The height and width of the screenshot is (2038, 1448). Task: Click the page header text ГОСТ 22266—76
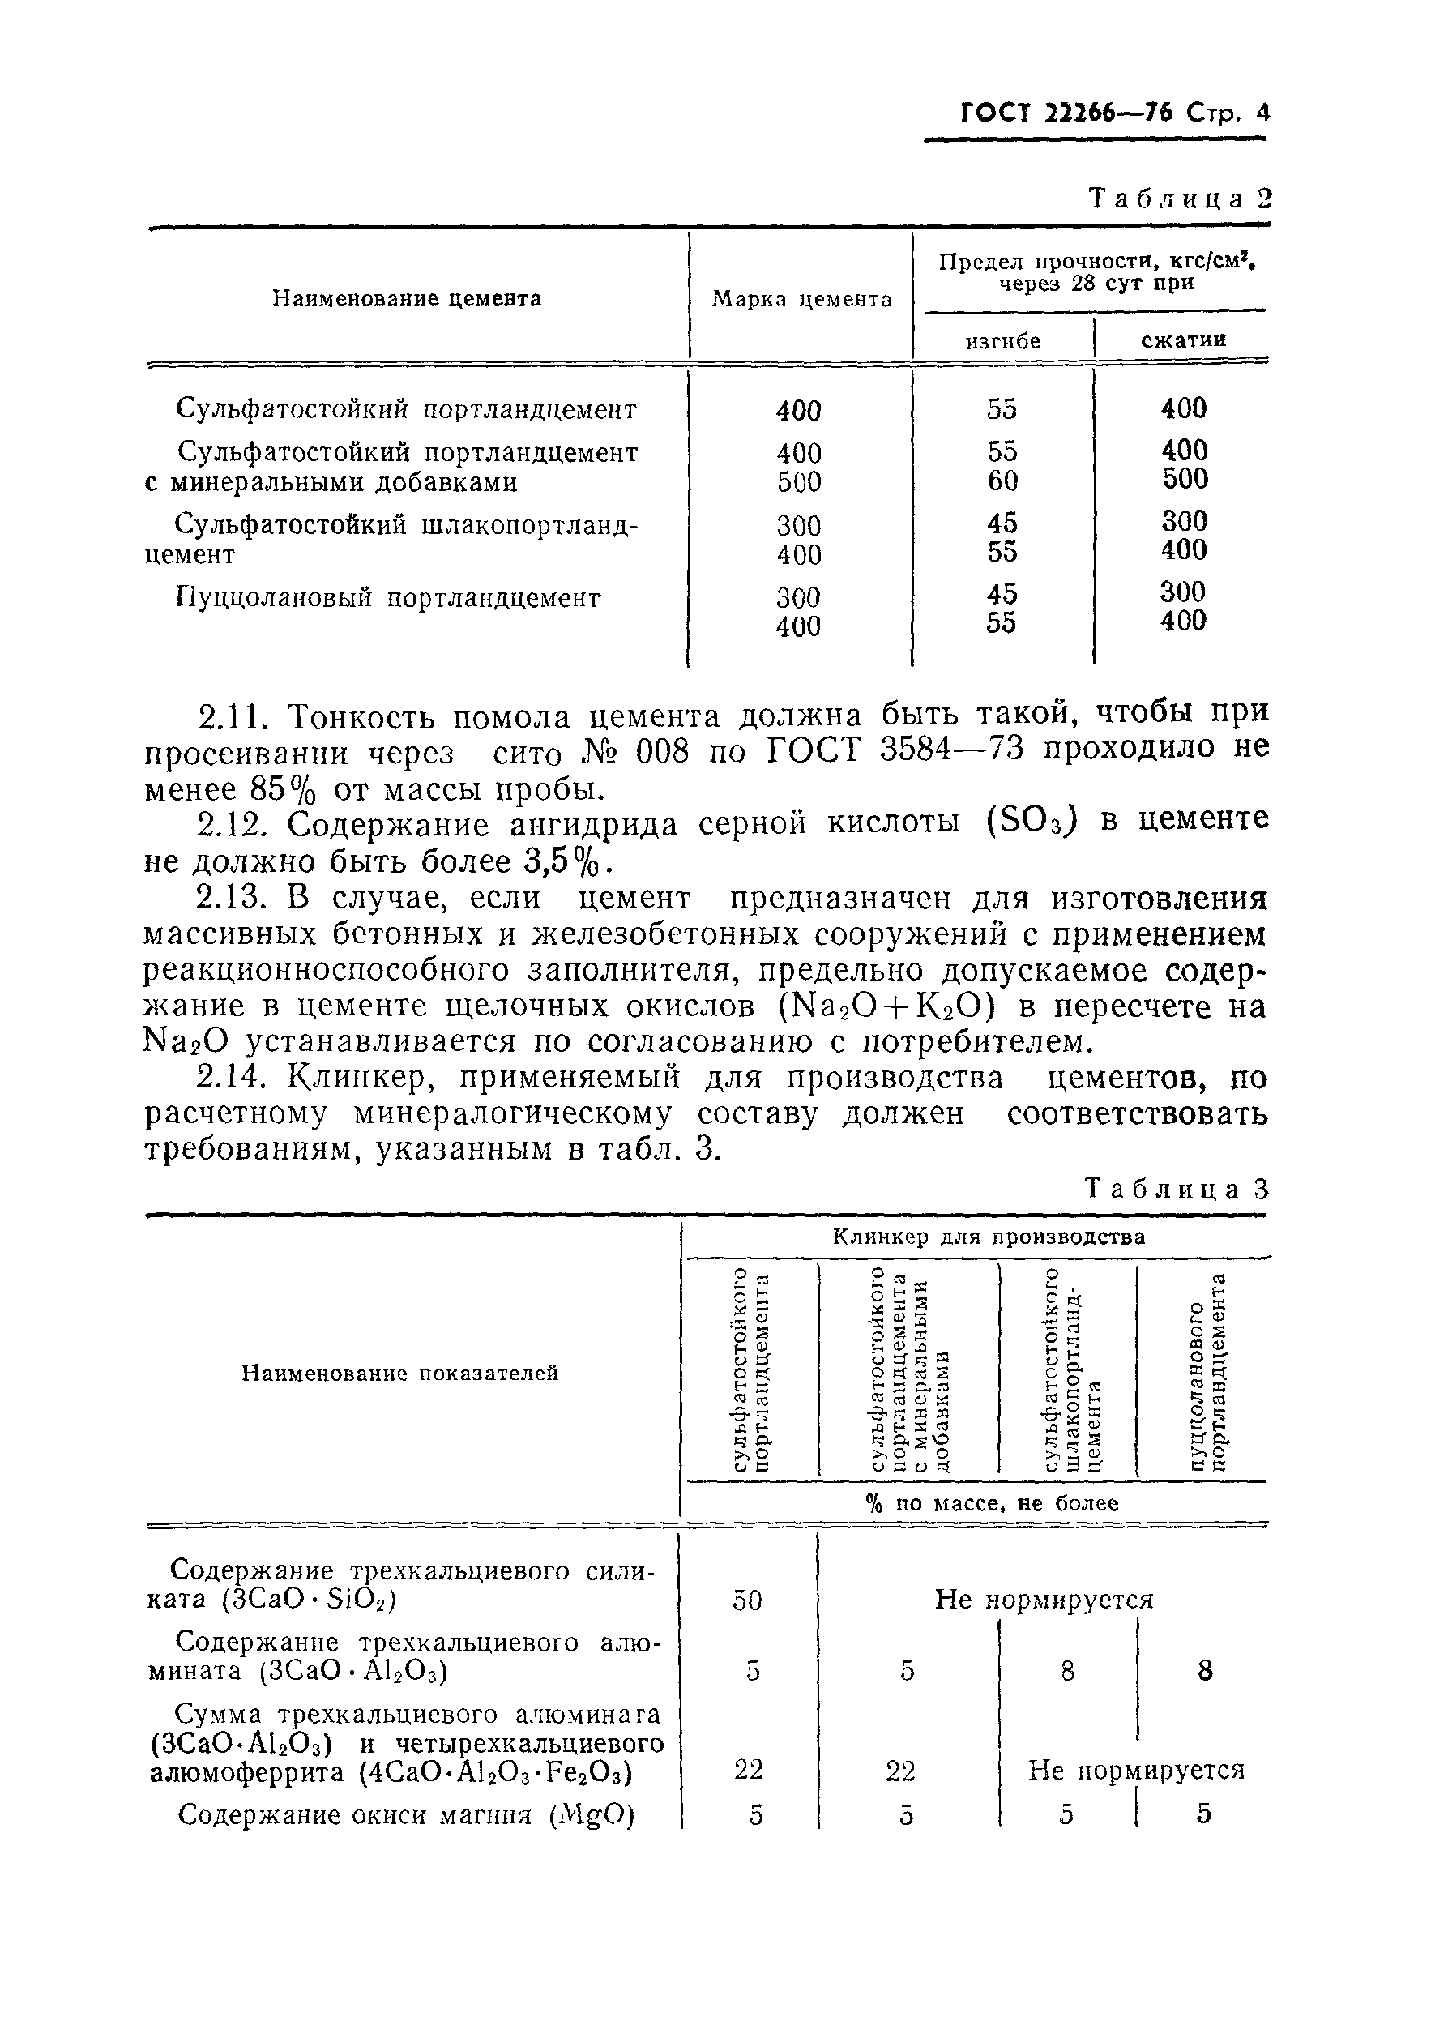coord(1070,113)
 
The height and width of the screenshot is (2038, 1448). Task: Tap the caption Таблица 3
coord(1176,1190)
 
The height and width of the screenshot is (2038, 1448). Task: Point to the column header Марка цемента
coord(801,300)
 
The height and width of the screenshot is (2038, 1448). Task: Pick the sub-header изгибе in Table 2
coord(1003,340)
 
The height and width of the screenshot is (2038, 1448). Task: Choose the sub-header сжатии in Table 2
coord(1183,340)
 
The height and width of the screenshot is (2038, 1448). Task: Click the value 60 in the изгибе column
coord(1002,481)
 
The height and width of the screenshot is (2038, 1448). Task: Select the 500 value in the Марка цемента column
coord(798,482)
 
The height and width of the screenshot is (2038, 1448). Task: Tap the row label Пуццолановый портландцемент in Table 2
coord(388,597)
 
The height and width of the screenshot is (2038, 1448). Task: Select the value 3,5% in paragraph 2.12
coord(568,861)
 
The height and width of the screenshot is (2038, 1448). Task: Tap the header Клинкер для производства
coord(988,1237)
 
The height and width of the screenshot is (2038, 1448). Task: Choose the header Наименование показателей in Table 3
coord(399,1373)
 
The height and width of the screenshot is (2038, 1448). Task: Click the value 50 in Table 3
coord(747,1600)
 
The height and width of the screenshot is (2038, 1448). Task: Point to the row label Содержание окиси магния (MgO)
coord(406,1815)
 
